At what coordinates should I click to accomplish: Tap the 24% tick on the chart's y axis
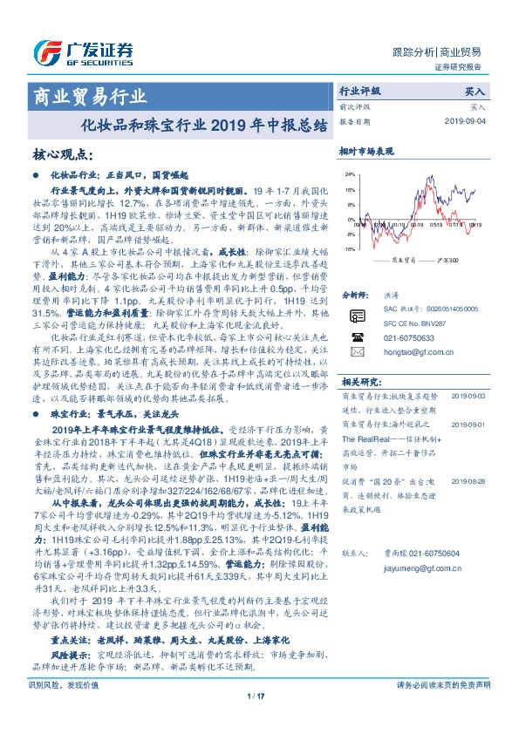(348, 174)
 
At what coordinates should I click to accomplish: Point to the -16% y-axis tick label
(348, 248)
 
